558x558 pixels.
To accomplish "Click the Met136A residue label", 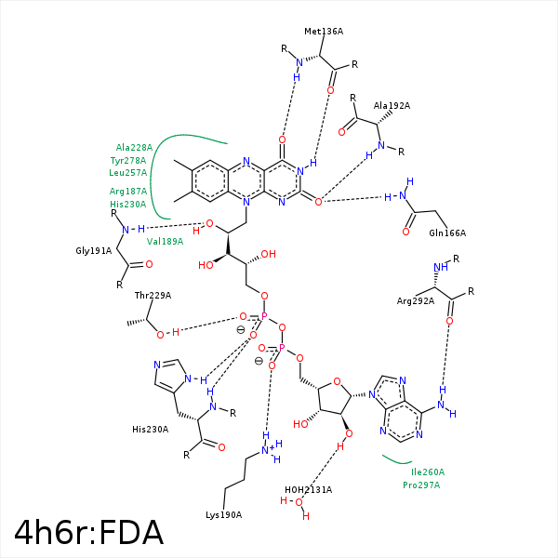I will tap(324, 31).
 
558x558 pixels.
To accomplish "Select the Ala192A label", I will tap(392, 106).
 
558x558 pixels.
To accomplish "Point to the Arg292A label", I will tap(416, 300).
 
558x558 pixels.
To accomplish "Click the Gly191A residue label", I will tap(94, 250).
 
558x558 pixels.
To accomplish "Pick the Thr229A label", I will tap(153, 295).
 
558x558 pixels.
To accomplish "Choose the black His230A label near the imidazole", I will tap(150, 429).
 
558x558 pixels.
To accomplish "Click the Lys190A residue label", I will tap(223, 514).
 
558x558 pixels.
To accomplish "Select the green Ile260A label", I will tap(428, 472).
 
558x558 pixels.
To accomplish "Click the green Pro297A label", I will tap(421, 485).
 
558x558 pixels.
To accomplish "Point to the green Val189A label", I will tap(166, 241).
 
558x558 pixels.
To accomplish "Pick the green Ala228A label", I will tap(134, 147).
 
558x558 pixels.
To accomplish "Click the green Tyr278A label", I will tap(128, 160).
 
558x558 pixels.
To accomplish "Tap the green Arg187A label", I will tap(128, 191).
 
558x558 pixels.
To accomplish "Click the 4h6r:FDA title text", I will tap(89, 532).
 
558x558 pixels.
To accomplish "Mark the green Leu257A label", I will tap(128, 172).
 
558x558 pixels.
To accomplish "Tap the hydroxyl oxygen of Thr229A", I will tap(160, 334).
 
